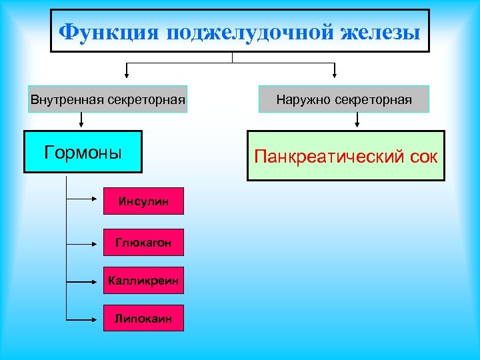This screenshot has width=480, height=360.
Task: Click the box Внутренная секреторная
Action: tap(107, 99)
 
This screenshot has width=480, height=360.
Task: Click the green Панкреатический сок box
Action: tap(346, 157)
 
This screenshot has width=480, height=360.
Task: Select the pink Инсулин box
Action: tap(143, 201)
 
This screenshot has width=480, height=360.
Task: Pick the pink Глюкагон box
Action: tap(143, 243)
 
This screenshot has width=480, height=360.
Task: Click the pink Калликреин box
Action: tap(143, 281)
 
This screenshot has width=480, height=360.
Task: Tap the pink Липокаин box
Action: tap(143, 319)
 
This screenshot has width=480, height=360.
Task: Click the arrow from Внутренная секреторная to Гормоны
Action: tap(81, 121)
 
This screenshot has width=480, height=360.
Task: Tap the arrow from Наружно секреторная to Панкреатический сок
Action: tap(358, 121)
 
